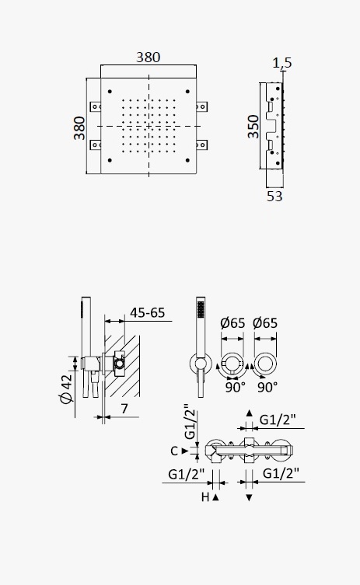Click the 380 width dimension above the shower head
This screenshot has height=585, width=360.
(149, 57)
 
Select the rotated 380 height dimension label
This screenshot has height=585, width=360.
(79, 128)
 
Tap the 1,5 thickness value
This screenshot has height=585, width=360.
(282, 63)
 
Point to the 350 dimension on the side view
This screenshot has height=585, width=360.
(253, 127)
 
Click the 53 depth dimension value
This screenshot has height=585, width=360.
(274, 197)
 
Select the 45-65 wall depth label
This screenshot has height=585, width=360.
(147, 312)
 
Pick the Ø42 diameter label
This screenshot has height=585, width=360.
(66, 388)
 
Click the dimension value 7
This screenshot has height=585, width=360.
(124, 409)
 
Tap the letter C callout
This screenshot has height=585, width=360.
(174, 451)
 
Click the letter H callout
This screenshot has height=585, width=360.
(205, 497)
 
